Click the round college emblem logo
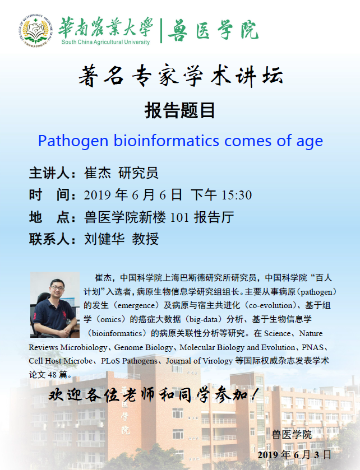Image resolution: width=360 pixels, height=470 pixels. (x=36, y=31)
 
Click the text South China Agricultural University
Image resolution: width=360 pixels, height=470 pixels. (x=105, y=42)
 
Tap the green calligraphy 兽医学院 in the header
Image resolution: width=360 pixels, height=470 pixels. (x=213, y=30)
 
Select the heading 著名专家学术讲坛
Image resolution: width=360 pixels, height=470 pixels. (x=181, y=76)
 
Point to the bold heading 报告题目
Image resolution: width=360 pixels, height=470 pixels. (x=179, y=110)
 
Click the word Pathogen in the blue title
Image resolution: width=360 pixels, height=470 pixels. (x=73, y=141)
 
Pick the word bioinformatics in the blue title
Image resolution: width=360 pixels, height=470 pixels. (x=166, y=140)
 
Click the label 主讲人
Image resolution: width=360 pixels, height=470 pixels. (x=49, y=173)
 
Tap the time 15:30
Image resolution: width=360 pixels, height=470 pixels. (x=236, y=195)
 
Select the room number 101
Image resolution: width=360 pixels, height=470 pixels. (x=179, y=217)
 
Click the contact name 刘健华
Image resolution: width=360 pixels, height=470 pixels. (x=104, y=239)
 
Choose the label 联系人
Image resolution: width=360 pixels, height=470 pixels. (x=49, y=239)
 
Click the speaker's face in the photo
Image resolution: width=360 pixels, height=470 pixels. (x=57, y=288)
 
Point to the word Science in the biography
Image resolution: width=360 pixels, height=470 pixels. (x=277, y=333)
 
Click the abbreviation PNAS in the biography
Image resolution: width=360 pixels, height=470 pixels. (x=312, y=347)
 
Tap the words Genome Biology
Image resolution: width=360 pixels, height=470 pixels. (x=144, y=348)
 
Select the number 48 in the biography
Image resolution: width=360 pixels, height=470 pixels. (x=52, y=375)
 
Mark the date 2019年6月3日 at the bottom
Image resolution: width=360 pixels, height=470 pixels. (x=294, y=455)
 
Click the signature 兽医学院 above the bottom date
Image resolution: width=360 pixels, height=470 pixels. (x=292, y=435)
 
